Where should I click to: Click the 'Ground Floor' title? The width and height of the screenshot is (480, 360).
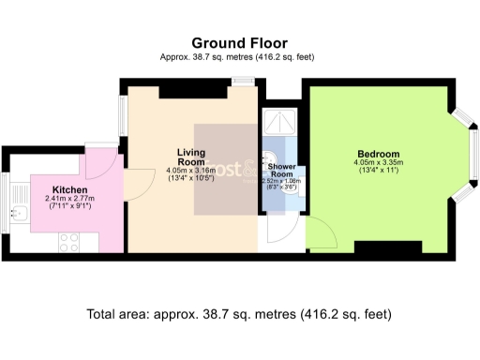click(239, 43)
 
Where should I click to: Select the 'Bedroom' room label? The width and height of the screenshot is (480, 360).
click(378, 154)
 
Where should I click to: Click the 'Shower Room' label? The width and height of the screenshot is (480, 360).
click(282, 170)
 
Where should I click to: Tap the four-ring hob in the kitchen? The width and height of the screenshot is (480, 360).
click(70, 241)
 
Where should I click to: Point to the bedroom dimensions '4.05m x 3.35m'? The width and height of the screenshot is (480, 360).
click(378, 163)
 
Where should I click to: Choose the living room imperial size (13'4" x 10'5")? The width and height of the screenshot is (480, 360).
click(190, 178)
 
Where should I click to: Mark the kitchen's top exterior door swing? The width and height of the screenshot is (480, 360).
click(97, 163)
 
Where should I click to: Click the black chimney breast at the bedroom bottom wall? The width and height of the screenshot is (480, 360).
click(380, 247)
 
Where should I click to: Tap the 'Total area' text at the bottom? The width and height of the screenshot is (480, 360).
click(238, 313)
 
